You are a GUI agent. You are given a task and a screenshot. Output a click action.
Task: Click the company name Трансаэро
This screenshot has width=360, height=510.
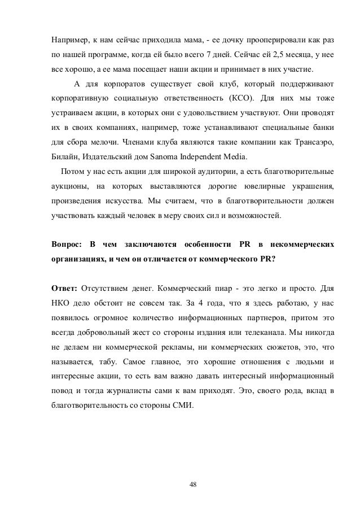(313, 140)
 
